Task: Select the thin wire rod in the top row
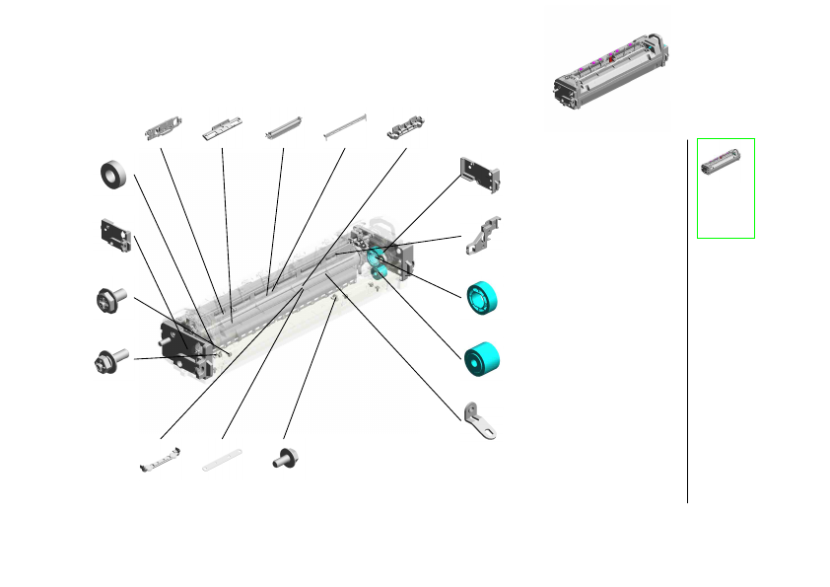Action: pos(346,123)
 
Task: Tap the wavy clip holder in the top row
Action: pos(405,127)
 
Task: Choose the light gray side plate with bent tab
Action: pos(483,173)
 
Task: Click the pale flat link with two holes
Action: pos(222,459)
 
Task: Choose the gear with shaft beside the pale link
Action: pos(287,458)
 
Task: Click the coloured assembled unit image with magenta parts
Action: pos(608,78)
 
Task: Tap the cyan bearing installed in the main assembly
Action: pos(375,258)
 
